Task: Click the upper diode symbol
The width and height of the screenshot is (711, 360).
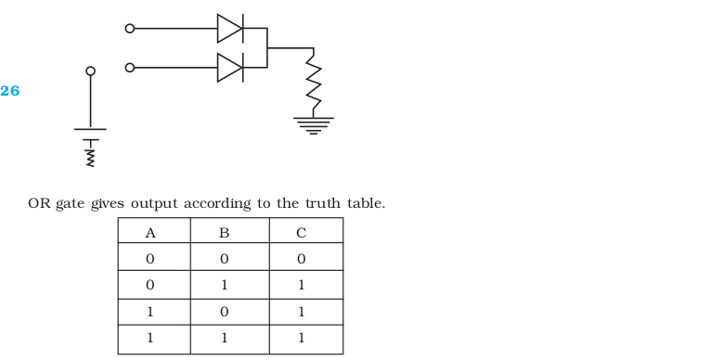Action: coord(230,29)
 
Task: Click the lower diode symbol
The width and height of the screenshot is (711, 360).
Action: coord(230,68)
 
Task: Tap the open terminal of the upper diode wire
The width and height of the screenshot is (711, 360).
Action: coord(130,29)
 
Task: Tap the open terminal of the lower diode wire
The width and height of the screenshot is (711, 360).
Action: coord(130,68)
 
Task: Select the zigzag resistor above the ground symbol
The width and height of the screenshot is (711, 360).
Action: coord(314,82)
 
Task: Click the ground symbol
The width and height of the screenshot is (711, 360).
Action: coord(314,125)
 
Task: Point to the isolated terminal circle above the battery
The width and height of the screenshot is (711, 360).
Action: coord(91,71)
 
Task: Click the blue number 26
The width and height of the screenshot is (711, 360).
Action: coord(10,91)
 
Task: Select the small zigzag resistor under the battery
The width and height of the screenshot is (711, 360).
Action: coord(91,157)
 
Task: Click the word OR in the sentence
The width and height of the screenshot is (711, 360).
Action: coord(39,203)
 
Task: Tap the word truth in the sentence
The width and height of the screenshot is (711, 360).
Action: coord(323,203)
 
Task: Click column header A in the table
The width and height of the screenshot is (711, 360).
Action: coord(150,233)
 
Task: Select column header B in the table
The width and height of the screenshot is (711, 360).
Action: coord(224,233)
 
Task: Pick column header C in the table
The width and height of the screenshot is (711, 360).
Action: coord(301,233)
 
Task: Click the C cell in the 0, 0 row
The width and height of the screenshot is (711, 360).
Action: coord(301,259)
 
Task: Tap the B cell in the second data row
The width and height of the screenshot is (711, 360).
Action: coord(224,285)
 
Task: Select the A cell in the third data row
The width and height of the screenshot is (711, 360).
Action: coord(150,312)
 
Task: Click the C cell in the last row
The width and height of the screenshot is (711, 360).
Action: coord(301,338)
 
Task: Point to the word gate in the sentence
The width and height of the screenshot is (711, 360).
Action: coord(70,204)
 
